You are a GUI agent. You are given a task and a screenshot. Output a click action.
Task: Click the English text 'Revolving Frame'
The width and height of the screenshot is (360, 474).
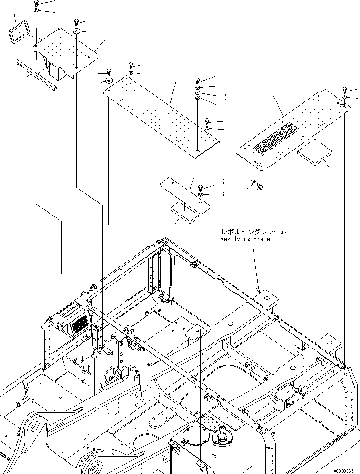click(x=245, y=239)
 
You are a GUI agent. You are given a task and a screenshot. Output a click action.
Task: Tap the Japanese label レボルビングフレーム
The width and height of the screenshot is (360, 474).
click(x=254, y=232)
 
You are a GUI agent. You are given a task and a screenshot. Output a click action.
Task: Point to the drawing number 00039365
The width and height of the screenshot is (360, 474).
click(x=344, y=470)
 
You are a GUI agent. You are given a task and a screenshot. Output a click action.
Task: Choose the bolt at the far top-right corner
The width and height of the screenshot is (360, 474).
click(x=344, y=89)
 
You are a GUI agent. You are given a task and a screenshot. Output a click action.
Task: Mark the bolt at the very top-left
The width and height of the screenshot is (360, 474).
click(x=37, y=3)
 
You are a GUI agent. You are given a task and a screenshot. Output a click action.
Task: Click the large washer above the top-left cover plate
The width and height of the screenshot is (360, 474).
click(x=76, y=31)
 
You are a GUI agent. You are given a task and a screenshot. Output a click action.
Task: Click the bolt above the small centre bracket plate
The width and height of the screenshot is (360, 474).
click(x=201, y=186)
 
